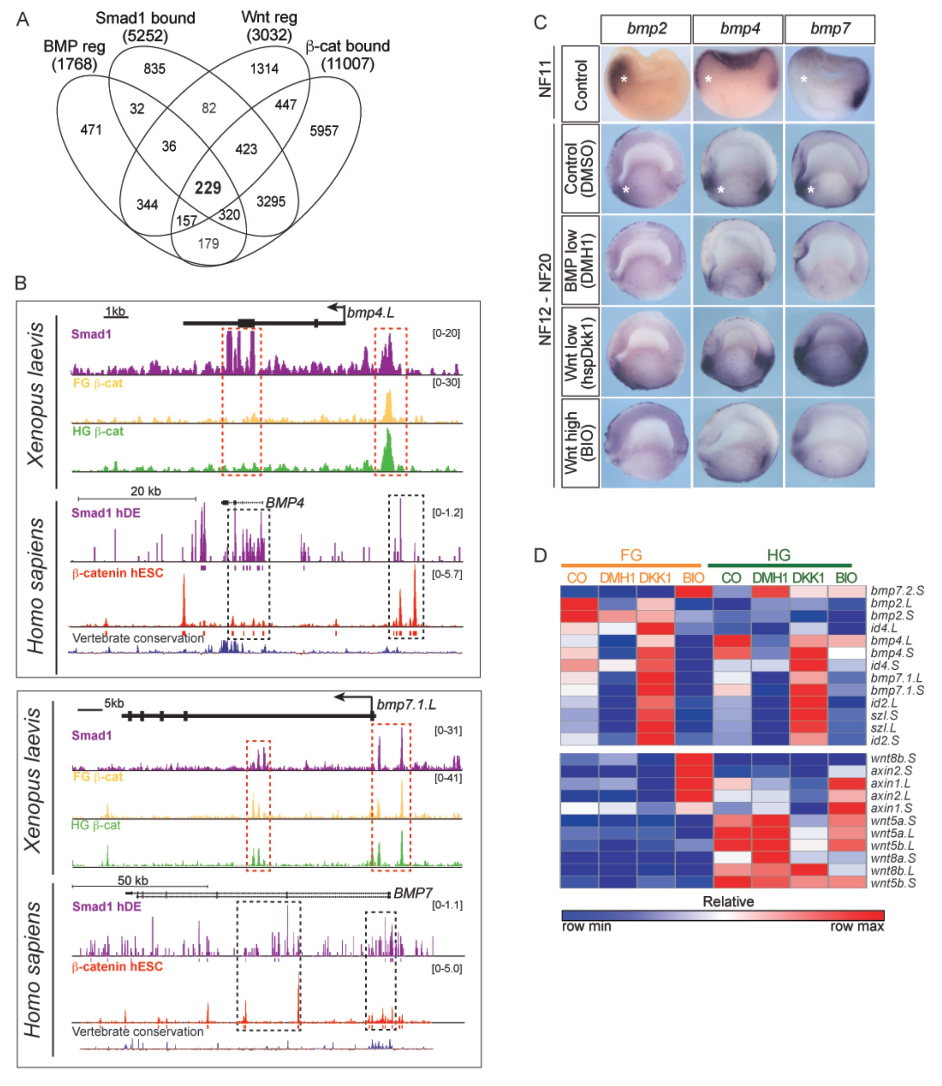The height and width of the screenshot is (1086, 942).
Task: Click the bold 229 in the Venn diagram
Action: click(x=208, y=188)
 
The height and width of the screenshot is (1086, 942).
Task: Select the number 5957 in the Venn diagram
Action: click(x=324, y=130)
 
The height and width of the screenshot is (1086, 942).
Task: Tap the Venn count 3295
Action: click(x=271, y=202)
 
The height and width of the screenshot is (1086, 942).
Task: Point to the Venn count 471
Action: click(x=91, y=130)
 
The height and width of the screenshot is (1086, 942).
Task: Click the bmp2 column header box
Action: click(x=646, y=29)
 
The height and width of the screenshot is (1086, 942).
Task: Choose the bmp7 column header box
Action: click(x=829, y=29)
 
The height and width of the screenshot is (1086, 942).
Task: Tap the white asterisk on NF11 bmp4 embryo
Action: click(x=709, y=79)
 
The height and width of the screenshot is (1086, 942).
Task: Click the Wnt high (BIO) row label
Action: click(x=580, y=443)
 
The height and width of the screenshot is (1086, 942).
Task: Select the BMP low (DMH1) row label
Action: click(x=580, y=260)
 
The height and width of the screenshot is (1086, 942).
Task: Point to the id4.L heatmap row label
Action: click(x=883, y=628)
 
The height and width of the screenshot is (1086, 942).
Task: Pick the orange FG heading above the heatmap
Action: click(x=631, y=555)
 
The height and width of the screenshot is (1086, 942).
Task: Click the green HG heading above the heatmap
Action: click(x=779, y=555)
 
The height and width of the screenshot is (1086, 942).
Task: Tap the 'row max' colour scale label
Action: click(x=857, y=926)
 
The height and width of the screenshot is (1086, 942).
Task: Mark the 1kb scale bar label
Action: click(x=115, y=311)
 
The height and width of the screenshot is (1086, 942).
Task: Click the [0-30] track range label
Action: click(x=446, y=382)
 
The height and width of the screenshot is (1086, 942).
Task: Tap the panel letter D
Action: click(x=540, y=555)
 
